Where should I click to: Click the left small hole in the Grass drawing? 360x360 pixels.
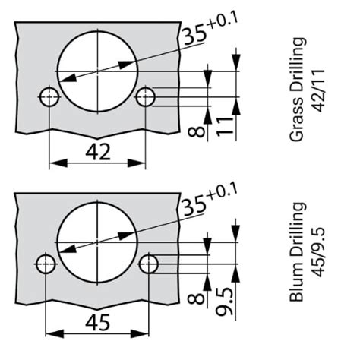click(50, 96)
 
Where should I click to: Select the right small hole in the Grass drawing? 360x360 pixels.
click(145, 96)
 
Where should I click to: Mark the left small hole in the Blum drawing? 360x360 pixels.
click(47, 264)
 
